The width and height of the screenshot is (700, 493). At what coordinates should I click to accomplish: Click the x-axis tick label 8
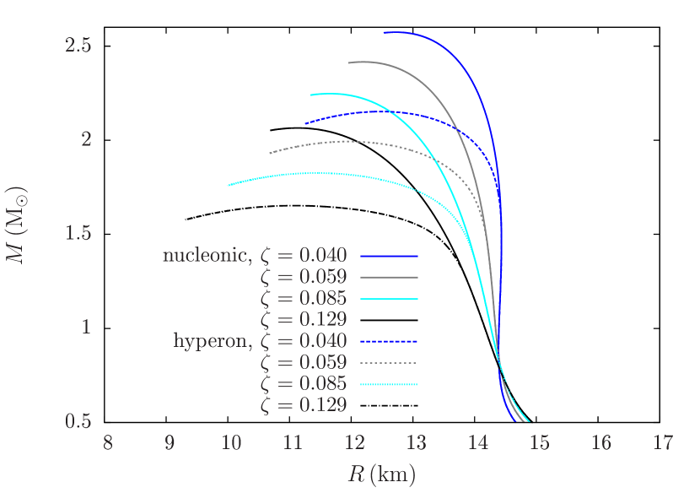click(x=108, y=442)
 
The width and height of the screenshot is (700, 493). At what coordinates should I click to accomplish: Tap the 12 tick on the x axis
click(x=354, y=442)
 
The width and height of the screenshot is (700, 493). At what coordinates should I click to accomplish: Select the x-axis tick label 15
click(x=539, y=442)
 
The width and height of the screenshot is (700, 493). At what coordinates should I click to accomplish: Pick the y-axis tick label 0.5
click(x=78, y=421)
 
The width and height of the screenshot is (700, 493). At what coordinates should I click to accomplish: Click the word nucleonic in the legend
click(x=206, y=255)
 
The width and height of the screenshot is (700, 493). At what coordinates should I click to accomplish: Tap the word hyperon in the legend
click(x=212, y=341)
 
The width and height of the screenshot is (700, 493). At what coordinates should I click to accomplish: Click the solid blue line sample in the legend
click(x=389, y=255)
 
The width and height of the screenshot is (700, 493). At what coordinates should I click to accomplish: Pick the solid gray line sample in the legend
click(x=389, y=277)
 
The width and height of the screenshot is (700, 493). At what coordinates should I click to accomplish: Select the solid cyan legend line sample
click(x=389, y=299)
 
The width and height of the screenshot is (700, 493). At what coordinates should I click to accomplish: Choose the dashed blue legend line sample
click(x=389, y=341)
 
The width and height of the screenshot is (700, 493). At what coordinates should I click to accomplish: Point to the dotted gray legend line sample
click(x=389, y=363)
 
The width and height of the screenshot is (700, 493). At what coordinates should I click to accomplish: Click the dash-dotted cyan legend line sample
click(x=389, y=385)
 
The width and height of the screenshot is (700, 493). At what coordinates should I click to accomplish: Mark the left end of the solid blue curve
click(x=384, y=32)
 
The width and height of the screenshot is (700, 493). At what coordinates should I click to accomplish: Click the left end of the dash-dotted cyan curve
click(x=228, y=185)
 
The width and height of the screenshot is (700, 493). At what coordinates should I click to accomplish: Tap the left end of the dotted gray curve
click(x=270, y=153)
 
